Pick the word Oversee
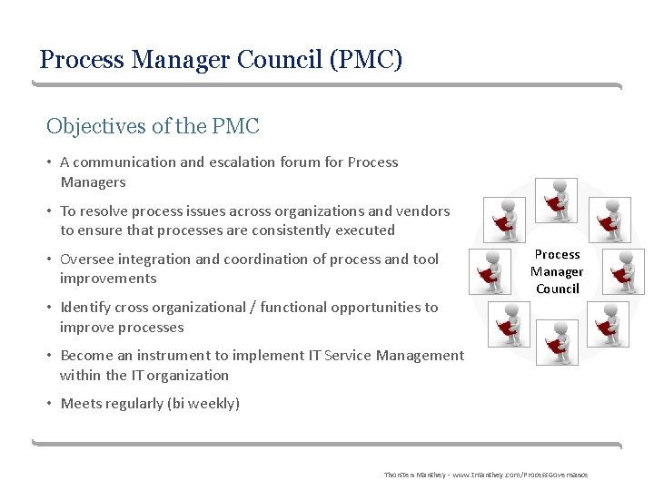click(88, 260)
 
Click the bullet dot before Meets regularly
click(50, 404)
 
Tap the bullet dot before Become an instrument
click(50, 356)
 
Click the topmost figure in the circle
click(557, 199)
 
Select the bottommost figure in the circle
click(557, 343)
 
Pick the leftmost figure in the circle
click(500, 271)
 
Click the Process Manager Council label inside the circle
click(557, 271)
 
